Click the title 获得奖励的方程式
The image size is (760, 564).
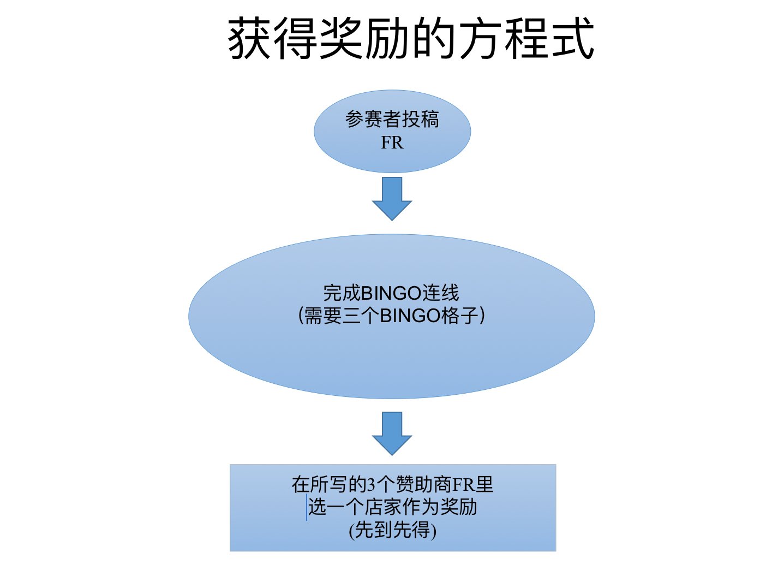(x=410, y=38)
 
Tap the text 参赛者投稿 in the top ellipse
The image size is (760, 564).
(x=392, y=119)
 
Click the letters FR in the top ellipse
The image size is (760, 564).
(x=392, y=143)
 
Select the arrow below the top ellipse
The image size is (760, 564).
(x=392, y=198)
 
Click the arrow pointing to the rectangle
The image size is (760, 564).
(x=392, y=433)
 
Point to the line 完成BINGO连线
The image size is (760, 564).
(x=391, y=293)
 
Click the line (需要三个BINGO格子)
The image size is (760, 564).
(x=391, y=316)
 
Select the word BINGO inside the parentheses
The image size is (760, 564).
(x=410, y=316)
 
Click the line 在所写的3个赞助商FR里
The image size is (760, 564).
(x=392, y=484)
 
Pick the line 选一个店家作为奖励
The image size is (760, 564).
(x=392, y=507)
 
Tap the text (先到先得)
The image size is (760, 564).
(x=392, y=530)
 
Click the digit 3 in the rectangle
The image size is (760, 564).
(x=371, y=484)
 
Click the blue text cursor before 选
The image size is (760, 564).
(x=307, y=507)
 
